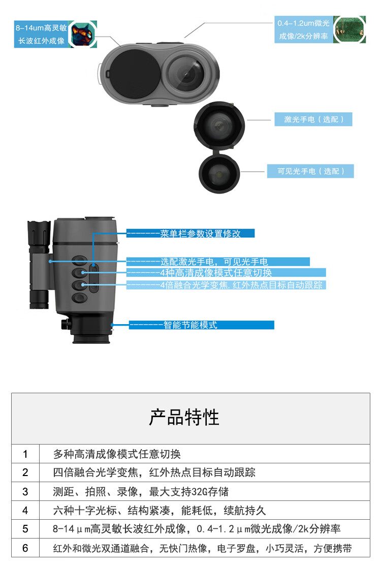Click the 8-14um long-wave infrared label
41,34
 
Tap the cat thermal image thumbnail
83,34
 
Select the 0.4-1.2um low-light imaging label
303,29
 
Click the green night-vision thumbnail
349,29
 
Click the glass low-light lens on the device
186,74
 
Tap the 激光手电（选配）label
313,119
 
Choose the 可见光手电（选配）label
310,171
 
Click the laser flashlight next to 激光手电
219,125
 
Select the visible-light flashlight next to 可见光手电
219,174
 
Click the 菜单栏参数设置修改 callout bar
190,233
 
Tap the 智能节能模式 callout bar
201,325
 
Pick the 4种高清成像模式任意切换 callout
226,272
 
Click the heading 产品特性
184,417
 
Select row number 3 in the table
25,492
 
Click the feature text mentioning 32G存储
141,492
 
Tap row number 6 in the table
25,548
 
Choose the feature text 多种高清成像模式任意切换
117,454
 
